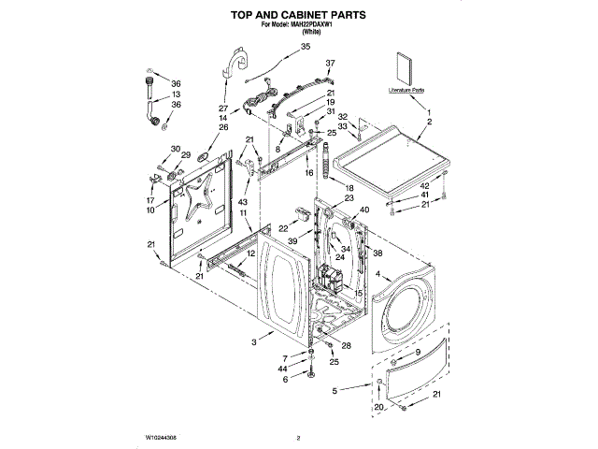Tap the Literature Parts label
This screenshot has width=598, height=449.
pyautogui.click(x=406, y=91)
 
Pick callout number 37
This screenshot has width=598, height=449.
pyautogui.click(x=329, y=63)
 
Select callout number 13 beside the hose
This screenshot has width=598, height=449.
pyautogui.click(x=176, y=95)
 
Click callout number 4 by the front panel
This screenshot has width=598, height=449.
pyautogui.click(x=377, y=274)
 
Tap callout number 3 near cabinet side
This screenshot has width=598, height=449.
pyautogui.click(x=253, y=342)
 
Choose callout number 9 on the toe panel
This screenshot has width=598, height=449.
pyautogui.click(x=418, y=351)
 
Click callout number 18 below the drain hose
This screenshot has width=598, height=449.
pyautogui.click(x=349, y=188)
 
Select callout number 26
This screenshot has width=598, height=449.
pyautogui.click(x=223, y=127)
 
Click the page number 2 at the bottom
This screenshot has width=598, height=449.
pyautogui.click(x=298, y=437)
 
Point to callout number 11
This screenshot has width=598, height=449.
pyautogui.click(x=245, y=214)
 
